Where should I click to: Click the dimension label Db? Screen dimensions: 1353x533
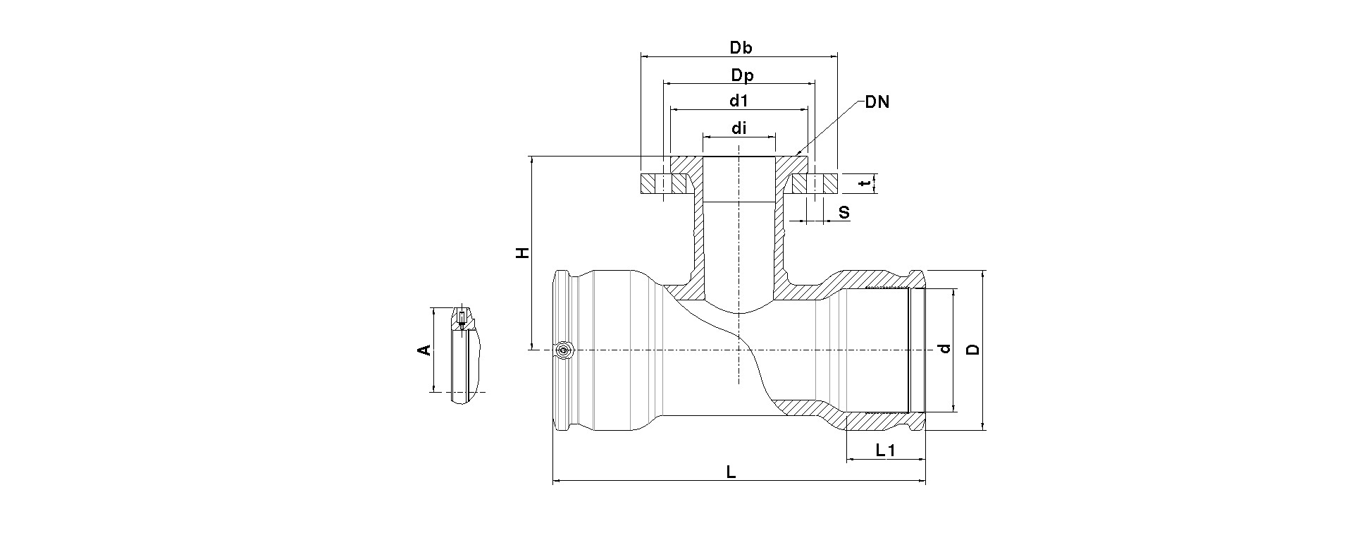point(741,48)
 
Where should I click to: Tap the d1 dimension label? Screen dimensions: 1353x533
point(738,101)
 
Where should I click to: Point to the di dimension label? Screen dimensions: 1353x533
point(739,128)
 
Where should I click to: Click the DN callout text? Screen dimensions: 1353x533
point(877,102)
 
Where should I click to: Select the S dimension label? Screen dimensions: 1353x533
point(844,212)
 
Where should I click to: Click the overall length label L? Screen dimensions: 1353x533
point(731,472)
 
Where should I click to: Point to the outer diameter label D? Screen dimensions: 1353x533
point(972,350)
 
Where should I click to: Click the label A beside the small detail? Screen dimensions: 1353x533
point(424,350)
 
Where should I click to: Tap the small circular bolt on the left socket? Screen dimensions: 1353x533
point(564,350)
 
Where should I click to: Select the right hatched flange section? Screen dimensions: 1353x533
point(815,184)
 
